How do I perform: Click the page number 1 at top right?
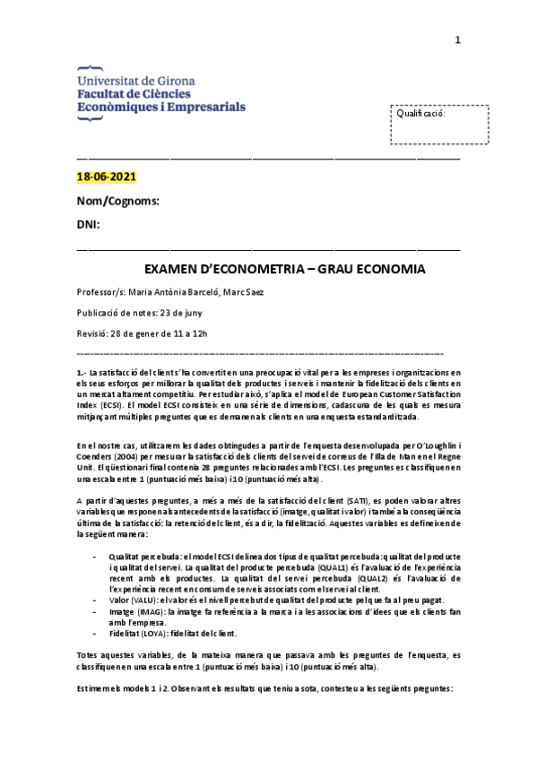pos(457,39)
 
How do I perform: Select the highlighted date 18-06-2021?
pos(107,177)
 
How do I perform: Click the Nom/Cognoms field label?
pos(118,201)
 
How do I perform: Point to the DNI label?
pos(89,223)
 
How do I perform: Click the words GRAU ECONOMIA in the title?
pos(359,269)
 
